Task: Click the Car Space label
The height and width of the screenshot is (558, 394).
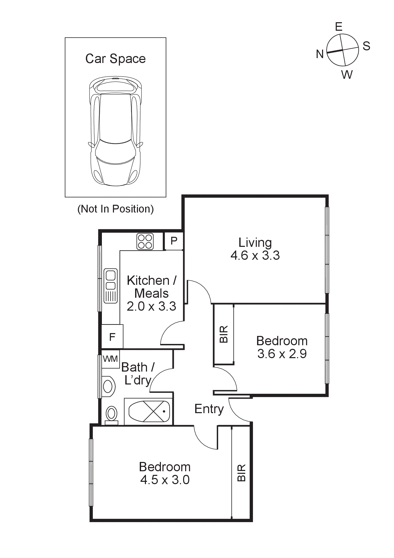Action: (115, 59)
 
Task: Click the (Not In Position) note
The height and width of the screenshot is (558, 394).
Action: (116, 209)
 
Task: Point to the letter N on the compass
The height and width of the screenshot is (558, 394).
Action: (320, 54)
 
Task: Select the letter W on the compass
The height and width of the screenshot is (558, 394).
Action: (347, 75)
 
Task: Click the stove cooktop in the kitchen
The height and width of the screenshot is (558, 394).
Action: (145, 241)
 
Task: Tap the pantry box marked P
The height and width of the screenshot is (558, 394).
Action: (174, 241)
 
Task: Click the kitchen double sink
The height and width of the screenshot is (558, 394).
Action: (110, 286)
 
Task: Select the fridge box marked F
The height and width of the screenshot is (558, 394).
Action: (112, 337)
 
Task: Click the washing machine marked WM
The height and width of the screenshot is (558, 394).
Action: (110, 359)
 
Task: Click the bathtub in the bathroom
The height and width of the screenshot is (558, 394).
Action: (149, 411)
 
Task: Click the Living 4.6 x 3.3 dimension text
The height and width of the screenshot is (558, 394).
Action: (255, 255)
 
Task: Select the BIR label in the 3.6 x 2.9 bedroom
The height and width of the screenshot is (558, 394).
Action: (224, 334)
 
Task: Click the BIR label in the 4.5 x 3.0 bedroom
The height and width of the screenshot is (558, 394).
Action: (241, 473)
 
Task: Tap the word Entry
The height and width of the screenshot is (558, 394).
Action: (209, 409)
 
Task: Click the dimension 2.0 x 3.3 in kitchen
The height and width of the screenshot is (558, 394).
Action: (151, 306)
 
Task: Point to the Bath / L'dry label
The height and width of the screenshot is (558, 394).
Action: (138, 374)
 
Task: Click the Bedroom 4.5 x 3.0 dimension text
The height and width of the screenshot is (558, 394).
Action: (165, 480)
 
